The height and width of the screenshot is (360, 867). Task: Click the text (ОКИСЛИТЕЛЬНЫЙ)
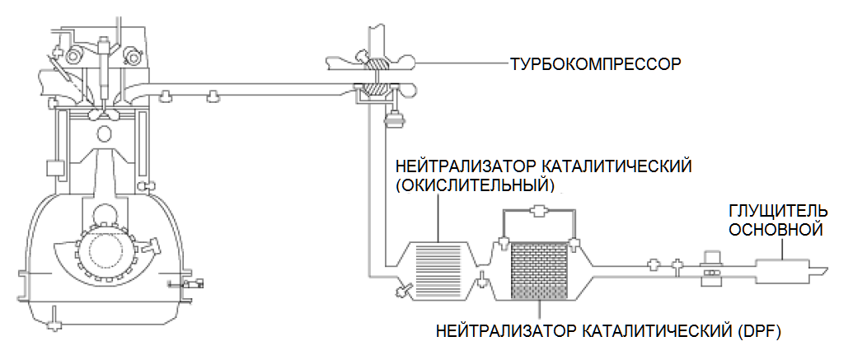click(476, 183)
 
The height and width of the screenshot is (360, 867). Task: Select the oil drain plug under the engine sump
click(54, 316)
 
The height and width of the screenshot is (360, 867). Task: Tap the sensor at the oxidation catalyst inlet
click(404, 289)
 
